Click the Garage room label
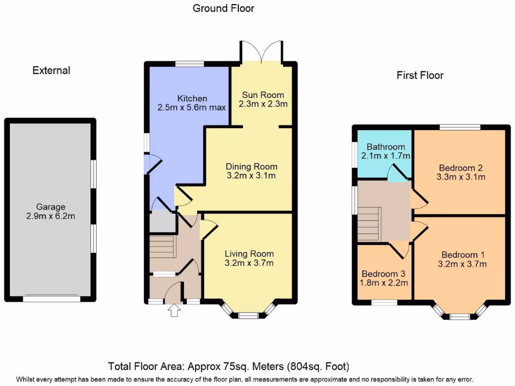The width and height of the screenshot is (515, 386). pyautogui.click(x=50, y=207)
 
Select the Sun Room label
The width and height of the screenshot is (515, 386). pyautogui.click(x=263, y=95)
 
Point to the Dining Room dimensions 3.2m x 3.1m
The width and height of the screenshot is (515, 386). pyautogui.click(x=251, y=176)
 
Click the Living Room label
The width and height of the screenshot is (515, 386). pyautogui.click(x=249, y=254)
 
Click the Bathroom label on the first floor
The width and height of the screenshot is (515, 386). pyautogui.click(x=386, y=147)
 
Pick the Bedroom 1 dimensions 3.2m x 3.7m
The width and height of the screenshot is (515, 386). pyautogui.click(x=462, y=264)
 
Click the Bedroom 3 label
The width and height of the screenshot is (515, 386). pyautogui.click(x=385, y=274)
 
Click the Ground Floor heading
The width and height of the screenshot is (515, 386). pyautogui.click(x=223, y=8)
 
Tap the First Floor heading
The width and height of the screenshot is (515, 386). pyautogui.click(x=420, y=75)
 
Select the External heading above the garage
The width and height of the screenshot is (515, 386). pyautogui.click(x=51, y=70)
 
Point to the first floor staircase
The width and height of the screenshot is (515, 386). pyautogui.click(x=368, y=224)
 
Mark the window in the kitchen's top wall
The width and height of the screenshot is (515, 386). pyautogui.click(x=190, y=64)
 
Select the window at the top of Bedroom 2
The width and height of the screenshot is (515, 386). pyautogui.click(x=459, y=127)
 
